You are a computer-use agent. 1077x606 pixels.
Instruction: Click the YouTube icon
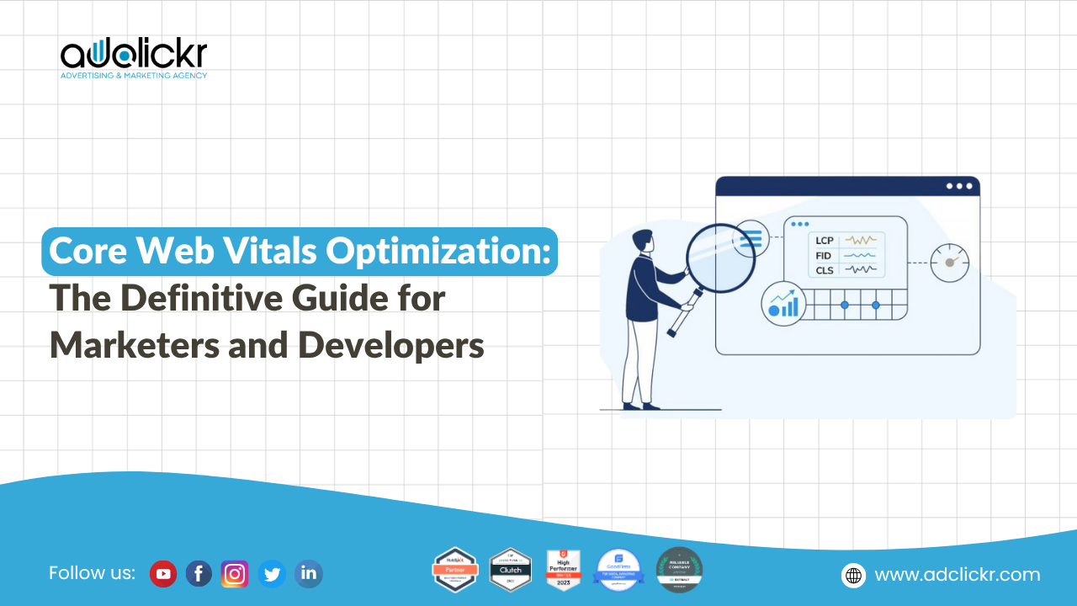(163, 574)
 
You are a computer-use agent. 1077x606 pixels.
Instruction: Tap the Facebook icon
(199, 574)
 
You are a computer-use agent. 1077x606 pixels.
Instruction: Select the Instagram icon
(235, 574)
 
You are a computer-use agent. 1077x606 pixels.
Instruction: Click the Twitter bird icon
(272, 574)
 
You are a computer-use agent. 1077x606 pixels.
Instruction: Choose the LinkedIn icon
(309, 574)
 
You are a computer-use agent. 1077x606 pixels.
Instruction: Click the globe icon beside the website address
(853, 575)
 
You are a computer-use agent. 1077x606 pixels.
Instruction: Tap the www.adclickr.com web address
(958, 575)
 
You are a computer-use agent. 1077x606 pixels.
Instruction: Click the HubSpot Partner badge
(454, 570)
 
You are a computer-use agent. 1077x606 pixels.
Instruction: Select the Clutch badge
(511, 570)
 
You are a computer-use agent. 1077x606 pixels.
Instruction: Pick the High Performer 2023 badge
(564, 570)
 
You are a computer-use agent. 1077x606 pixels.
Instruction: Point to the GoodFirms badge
(618, 570)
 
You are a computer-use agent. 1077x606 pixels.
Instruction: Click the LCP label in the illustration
(824, 240)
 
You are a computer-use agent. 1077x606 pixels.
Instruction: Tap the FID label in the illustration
(824, 255)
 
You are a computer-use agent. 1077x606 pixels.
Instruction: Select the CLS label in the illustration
(824, 270)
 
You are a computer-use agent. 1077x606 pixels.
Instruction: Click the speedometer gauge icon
(950, 263)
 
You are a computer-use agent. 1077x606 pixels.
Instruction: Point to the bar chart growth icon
(784, 304)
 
